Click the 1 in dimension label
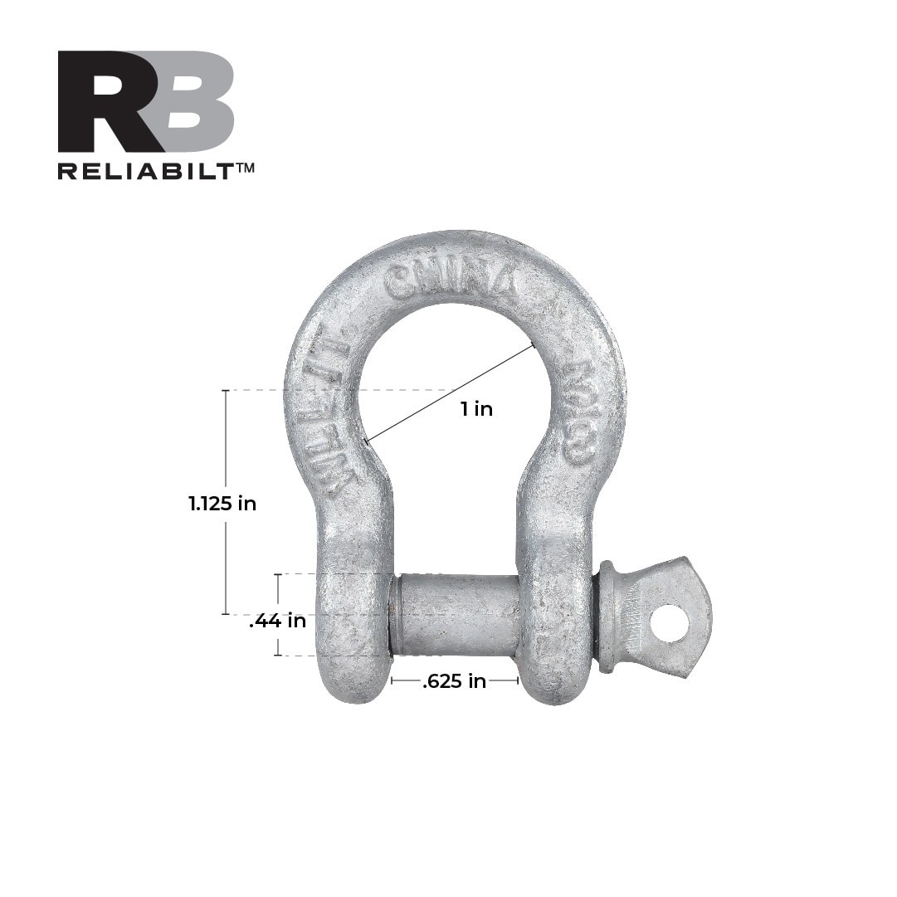coord(477,408)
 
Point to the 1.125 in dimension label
coord(222,503)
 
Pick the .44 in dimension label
coord(277,621)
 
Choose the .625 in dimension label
coord(454,681)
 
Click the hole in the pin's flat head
coord(669,623)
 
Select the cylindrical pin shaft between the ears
coord(456,615)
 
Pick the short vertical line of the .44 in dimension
coord(278,591)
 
